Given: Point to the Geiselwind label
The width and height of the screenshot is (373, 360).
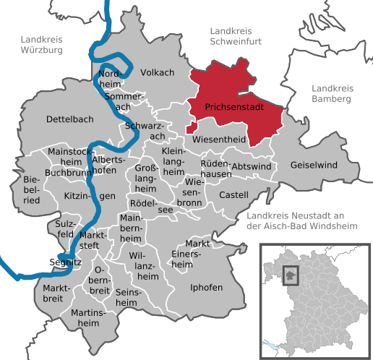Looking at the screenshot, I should coord(314,165).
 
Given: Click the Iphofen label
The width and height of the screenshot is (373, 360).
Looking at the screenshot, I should coord(206,287).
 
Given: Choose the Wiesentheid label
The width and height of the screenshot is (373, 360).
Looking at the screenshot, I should coord(220,139).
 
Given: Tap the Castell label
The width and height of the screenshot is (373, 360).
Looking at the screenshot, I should coord(233,194).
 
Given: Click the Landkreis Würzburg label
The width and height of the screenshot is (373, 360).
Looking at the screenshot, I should coord(42,45).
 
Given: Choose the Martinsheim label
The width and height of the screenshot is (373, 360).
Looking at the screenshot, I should coord(89,318).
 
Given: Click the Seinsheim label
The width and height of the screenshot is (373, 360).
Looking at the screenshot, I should coord(130,296).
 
